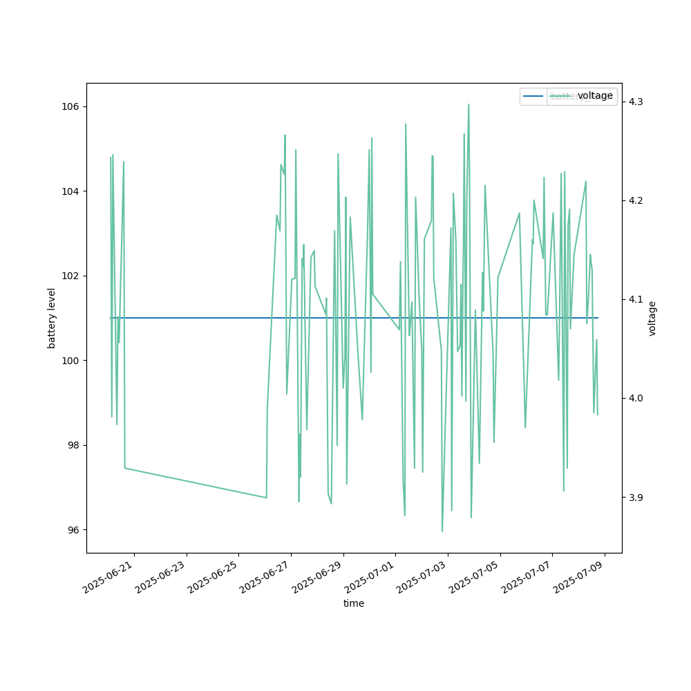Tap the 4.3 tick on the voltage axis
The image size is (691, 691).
point(636,102)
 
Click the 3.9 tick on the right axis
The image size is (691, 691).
point(636,498)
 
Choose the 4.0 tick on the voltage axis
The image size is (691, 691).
point(636,399)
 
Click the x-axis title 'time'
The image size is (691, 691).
point(354,603)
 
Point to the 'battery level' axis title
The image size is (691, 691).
point(52,318)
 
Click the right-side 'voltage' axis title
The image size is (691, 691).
point(652,318)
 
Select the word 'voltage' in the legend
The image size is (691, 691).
point(595,96)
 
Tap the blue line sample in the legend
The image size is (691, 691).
point(533,96)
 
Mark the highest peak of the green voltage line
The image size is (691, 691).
point(468,104)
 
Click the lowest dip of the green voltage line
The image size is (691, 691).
point(442,531)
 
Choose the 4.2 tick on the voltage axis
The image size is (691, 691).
point(636,200)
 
